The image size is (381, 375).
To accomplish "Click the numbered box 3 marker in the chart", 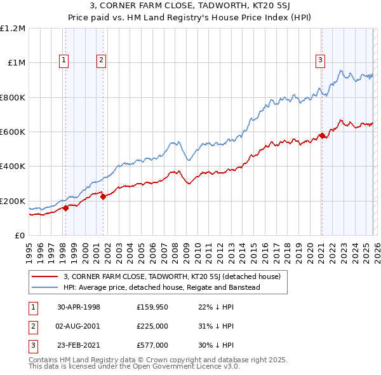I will (321, 60).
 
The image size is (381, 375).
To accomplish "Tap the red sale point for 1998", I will (66, 208).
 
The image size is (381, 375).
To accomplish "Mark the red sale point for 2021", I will (322, 135).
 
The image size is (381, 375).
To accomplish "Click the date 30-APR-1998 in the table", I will (79, 307).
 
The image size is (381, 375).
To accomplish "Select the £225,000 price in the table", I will (152, 326).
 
